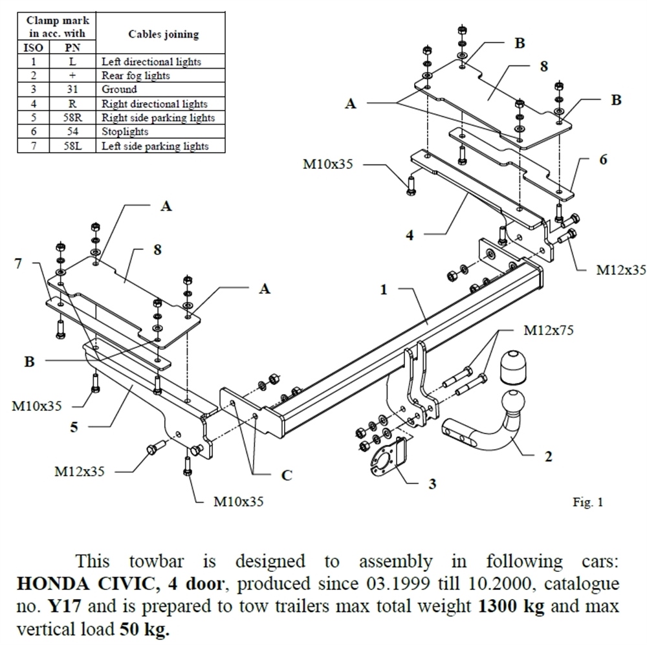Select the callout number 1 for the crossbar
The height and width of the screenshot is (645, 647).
[384, 290]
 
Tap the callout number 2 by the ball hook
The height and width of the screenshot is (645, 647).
[548, 457]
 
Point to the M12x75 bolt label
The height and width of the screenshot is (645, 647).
[548, 331]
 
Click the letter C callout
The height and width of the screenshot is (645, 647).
[287, 476]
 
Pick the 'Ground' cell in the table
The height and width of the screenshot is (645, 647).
[119, 89]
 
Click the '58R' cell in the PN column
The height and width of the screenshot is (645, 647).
[72, 118]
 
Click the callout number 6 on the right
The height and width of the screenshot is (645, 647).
[603, 159]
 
